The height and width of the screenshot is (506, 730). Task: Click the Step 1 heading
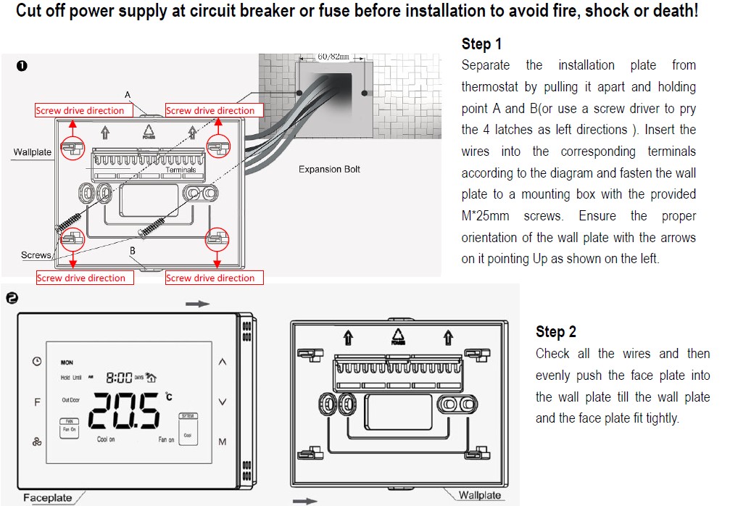[481, 44]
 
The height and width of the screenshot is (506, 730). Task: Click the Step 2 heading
[556, 332]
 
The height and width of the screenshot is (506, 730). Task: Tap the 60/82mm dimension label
[333, 57]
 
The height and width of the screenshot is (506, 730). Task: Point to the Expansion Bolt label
[329, 170]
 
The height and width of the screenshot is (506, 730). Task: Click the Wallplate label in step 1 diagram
[33, 152]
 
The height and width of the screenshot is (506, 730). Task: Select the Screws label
[36, 255]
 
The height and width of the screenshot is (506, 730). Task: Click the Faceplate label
[48, 497]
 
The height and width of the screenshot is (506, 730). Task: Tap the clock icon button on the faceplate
[37, 361]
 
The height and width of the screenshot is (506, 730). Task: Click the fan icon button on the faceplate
[37, 441]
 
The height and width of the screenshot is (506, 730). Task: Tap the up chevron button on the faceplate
[223, 361]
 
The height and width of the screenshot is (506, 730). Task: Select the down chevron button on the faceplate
[223, 402]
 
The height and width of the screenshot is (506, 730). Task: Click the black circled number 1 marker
[22, 66]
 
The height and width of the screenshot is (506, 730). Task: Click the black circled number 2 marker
[11, 299]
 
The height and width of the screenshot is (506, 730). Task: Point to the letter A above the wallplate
[128, 95]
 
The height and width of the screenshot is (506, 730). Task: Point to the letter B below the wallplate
[133, 251]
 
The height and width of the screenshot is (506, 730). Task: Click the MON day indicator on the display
[67, 362]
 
